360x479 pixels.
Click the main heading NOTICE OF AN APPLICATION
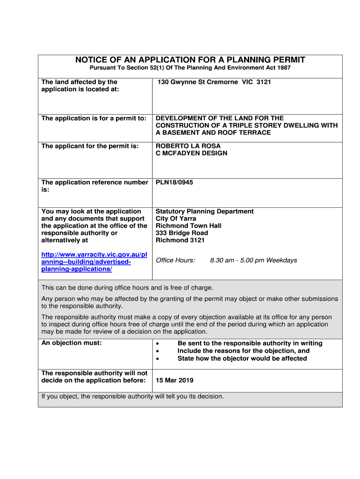point(190,60)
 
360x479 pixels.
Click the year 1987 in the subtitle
point(282,68)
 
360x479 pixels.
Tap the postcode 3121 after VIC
point(263,82)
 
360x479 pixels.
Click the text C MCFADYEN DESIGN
point(191,153)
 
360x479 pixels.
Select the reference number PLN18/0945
point(174,182)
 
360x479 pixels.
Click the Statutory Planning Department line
point(204,211)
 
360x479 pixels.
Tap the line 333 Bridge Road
point(181,233)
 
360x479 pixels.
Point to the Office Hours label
point(175,260)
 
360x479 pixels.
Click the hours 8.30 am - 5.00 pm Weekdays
point(253,260)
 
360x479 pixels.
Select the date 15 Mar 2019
point(174,380)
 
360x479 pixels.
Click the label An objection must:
point(71,343)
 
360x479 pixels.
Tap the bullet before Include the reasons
point(158,351)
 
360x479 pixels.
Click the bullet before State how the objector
point(158,359)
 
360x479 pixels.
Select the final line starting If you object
point(133,397)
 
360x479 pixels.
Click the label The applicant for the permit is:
point(90,146)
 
